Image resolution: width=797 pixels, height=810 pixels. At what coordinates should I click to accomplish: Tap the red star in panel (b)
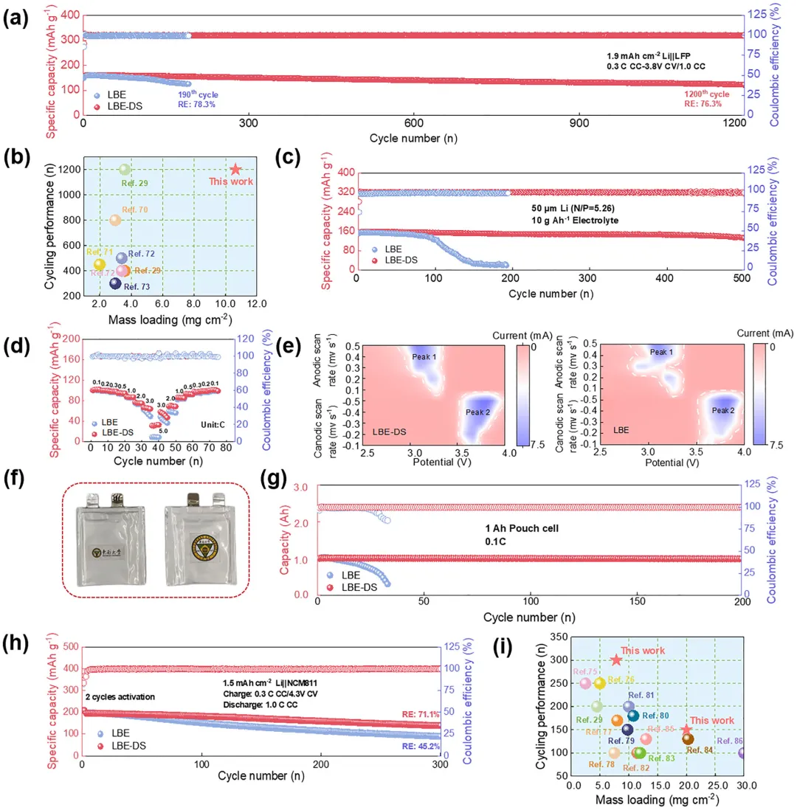coord(235,169)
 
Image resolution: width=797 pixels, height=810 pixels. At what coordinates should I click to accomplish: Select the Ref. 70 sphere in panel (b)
coord(116,220)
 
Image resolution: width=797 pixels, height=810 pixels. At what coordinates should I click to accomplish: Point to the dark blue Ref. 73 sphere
coord(116,283)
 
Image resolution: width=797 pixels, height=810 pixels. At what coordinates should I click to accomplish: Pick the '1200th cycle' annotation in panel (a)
coord(708,94)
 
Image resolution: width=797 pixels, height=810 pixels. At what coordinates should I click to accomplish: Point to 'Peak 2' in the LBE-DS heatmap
coord(477,412)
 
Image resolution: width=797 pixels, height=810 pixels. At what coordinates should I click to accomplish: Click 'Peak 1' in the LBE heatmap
coord(662,353)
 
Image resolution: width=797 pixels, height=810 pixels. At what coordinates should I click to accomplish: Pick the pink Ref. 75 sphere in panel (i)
coord(586,683)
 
